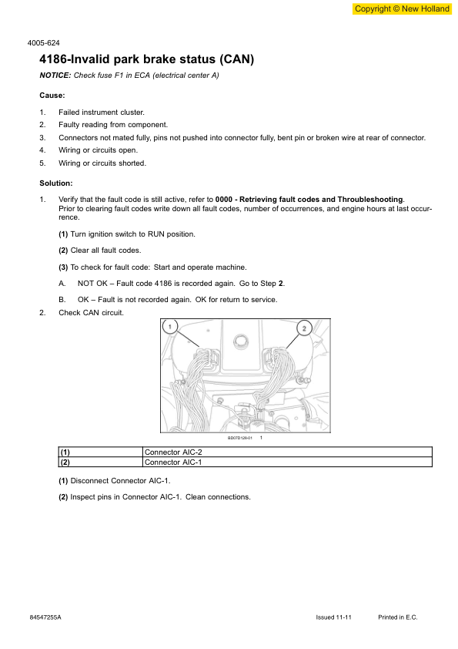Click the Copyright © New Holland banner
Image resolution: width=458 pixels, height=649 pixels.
[x=401, y=8]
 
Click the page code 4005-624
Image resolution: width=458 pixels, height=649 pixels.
[x=45, y=43]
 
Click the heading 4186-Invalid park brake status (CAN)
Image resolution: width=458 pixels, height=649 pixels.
[x=146, y=59]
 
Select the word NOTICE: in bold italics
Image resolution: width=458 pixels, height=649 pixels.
[x=55, y=75]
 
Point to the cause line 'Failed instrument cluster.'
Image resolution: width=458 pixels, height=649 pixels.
[x=101, y=113]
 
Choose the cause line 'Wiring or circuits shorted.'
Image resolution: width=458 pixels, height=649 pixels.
[x=102, y=163]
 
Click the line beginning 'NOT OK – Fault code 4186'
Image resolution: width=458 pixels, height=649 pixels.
[x=182, y=284]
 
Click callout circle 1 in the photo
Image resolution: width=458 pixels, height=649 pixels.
[x=170, y=327]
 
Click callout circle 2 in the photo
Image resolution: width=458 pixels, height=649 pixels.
[x=304, y=328]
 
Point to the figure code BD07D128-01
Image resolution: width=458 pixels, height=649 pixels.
[x=239, y=438]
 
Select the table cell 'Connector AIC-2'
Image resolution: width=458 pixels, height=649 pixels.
[x=173, y=452]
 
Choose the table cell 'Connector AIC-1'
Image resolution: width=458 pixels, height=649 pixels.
[x=173, y=462]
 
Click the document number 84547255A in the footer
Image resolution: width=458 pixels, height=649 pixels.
[x=45, y=617]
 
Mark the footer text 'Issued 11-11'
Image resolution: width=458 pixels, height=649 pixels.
[x=333, y=617]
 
